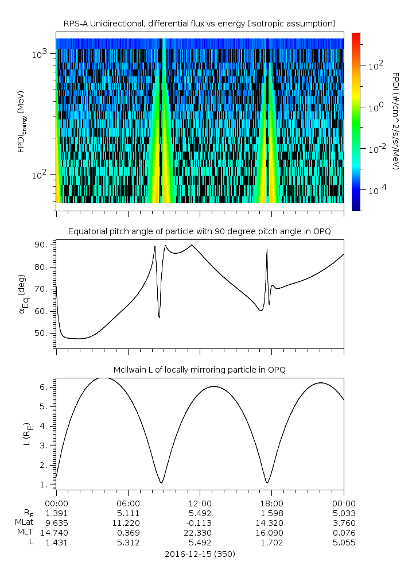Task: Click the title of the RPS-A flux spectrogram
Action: pos(200,24)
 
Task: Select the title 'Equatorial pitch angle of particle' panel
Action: pos(200,231)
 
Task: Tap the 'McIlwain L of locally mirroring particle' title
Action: pos(200,369)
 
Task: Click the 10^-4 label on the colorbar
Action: pos(376,189)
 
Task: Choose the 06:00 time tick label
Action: pos(128,502)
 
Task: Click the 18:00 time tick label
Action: pos(272,502)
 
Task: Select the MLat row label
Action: pos(25,522)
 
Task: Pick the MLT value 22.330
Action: pos(200,533)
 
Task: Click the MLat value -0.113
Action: pos(200,522)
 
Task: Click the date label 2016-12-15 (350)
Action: pos(200,555)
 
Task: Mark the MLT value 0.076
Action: pos(344,533)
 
